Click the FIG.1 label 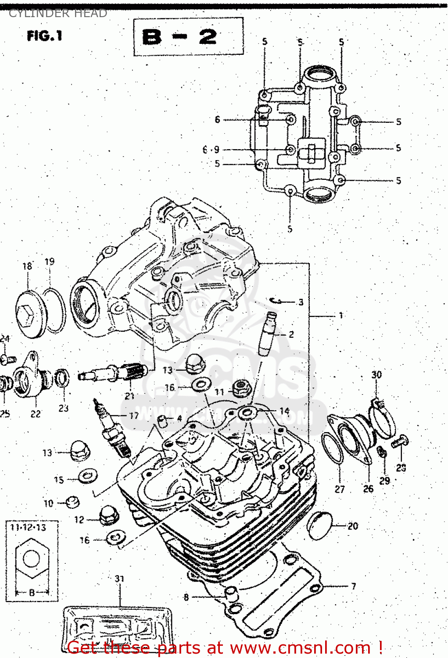coord(44,36)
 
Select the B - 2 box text coord(180,36)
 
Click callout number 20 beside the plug coord(353,526)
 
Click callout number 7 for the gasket coord(353,586)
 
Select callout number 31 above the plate coord(119,579)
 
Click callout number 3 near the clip coord(301,302)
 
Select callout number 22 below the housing coord(36,414)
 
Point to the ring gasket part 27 coord(332,447)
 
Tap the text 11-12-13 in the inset coord(28,527)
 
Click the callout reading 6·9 coord(211,150)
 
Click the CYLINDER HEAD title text coord(57,13)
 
